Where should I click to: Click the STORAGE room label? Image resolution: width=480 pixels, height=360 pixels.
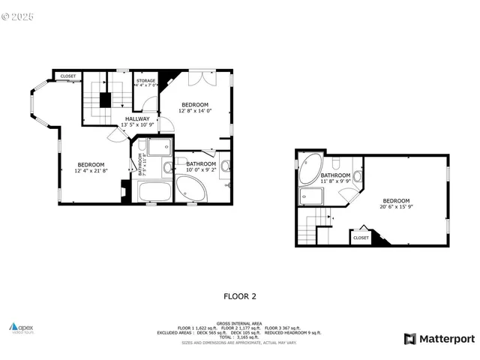click(x=145, y=80)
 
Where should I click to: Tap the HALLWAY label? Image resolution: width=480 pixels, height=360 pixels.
click(x=137, y=118)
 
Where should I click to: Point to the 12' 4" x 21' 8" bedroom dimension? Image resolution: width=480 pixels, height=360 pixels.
click(x=91, y=171)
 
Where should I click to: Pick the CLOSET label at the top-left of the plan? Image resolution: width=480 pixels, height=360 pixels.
click(x=68, y=76)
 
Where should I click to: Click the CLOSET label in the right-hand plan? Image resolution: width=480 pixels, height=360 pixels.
click(x=361, y=237)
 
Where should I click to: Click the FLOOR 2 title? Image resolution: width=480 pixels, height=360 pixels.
click(x=240, y=296)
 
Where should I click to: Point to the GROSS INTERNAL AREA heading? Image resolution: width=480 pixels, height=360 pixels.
click(x=240, y=323)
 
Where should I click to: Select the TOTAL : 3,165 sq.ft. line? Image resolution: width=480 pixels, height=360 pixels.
click(x=240, y=337)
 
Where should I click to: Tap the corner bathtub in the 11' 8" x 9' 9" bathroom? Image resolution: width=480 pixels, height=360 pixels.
click(x=310, y=165)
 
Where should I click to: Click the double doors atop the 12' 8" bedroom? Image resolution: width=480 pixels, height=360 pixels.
click(x=200, y=78)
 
